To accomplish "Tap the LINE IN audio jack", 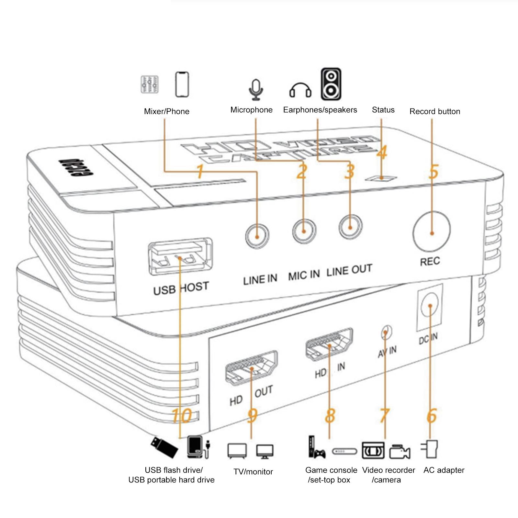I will [257, 236].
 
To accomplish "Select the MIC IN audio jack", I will [304, 231].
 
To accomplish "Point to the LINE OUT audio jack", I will [350, 227].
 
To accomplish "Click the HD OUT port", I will [252, 368].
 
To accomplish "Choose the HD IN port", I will [329, 345].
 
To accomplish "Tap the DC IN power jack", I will [430, 306].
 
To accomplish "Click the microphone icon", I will [256, 89].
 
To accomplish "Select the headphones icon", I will [300, 90].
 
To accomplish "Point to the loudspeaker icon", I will [331, 84].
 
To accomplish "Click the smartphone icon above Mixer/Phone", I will [182, 84].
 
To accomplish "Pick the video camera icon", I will [400, 451].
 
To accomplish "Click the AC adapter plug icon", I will [430, 449].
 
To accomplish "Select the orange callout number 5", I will [434, 172].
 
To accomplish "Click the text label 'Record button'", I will [435, 111].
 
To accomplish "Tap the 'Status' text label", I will [383, 110].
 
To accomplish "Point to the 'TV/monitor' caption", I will [253, 472].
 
